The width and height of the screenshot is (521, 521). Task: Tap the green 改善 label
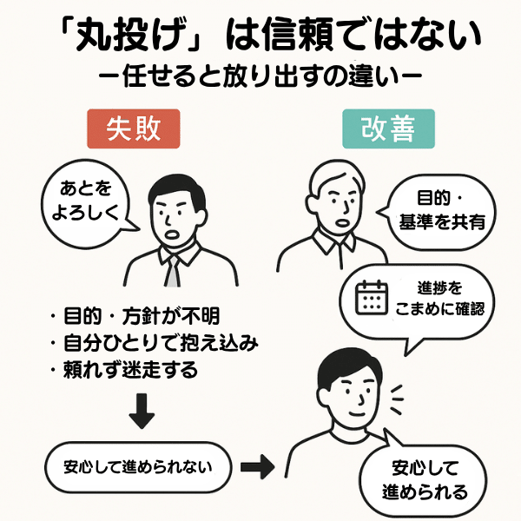387,129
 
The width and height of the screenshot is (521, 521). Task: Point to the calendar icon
372,298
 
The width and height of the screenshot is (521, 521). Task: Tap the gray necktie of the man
173,272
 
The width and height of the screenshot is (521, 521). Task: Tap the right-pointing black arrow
256,467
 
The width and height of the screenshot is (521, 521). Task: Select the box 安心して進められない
139,466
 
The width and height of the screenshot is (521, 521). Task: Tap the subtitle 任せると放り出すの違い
260,75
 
